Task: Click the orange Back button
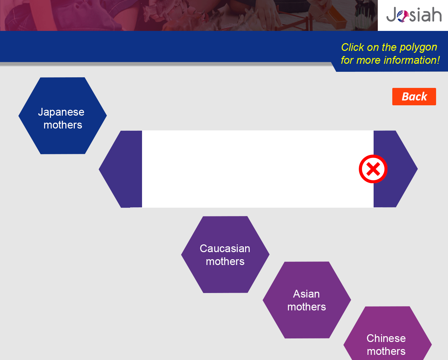[x=414, y=96]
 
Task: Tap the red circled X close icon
[x=373, y=169]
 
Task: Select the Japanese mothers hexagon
[x=62, y=116]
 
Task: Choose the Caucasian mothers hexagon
[x=225, y=254]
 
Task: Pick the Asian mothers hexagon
[x=307, y=300]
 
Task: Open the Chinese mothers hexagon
[x=387, y=335]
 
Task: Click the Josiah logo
[x=414, y=14]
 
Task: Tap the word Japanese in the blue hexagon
[x=61, y=112]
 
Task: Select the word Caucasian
[x=225, y=248]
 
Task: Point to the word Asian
[x=306, y=294]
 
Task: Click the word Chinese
[x=386, y=338]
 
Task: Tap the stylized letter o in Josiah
[x=403, y=16]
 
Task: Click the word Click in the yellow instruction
[x=352, y=47]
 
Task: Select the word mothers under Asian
[x=307, y=307]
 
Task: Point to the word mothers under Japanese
[x=63, y=125]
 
